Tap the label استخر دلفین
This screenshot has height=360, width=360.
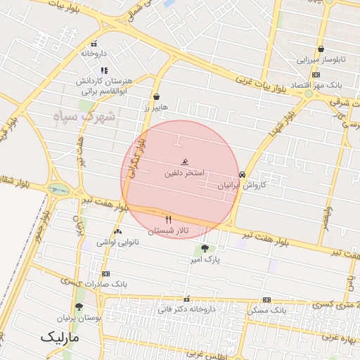point(185,172)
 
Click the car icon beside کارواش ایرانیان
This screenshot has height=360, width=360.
point(243,174)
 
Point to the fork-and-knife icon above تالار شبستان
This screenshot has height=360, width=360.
point(168,219)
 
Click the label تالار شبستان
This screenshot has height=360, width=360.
point(169,231)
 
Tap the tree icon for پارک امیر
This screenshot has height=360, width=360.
point(204,248)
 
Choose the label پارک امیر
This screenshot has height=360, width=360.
point(204,260)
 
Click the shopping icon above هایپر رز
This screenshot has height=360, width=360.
point(156,97)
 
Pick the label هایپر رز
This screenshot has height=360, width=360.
point(153,108)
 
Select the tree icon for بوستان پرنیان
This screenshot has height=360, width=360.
point(79,307)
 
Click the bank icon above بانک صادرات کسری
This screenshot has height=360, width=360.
point(105,274)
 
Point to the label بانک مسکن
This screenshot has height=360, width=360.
point(268,309)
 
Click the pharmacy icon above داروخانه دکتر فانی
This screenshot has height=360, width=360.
point(186,298)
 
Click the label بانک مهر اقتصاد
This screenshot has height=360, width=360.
point(316,84)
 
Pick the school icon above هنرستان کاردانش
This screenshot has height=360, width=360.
point(105,70)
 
